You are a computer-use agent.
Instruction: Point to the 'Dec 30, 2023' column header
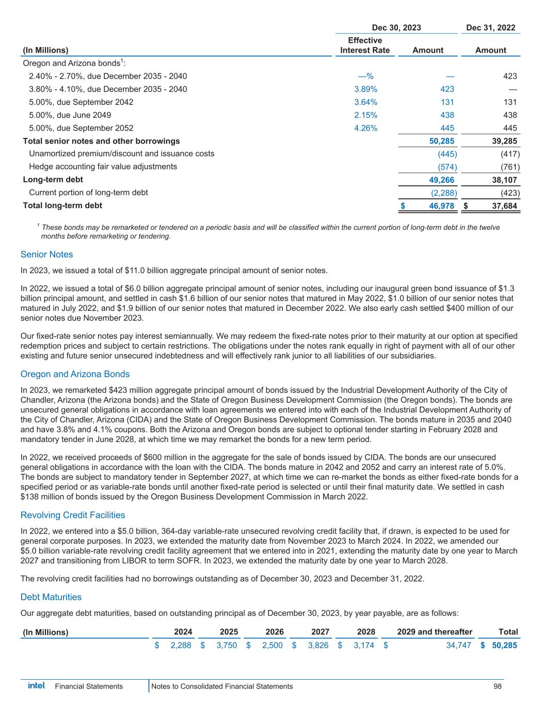396,28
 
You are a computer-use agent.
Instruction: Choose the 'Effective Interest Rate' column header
365,45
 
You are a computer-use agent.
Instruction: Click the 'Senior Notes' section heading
47,254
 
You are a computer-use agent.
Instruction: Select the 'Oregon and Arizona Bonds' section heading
75,374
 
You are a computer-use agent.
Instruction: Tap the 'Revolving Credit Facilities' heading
73,515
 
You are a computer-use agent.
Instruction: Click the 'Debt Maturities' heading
51,597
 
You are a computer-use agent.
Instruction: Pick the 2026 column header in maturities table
274,632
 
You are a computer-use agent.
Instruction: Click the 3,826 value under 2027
318,645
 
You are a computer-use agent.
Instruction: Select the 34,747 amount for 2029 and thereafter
458,645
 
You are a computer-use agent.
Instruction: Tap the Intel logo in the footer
36,686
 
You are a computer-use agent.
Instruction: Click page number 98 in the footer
497,686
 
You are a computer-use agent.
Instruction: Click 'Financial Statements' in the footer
89,686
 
